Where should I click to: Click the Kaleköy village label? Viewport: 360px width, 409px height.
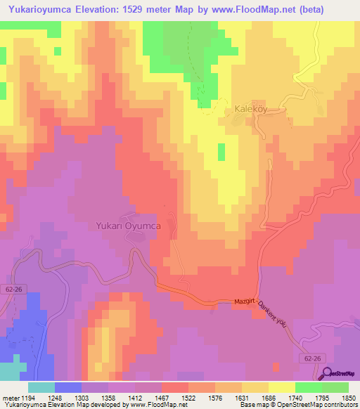pos(249,110)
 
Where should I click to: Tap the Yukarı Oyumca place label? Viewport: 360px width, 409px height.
pos(129,226)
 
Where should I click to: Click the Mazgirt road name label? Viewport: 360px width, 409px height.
pos(241,302)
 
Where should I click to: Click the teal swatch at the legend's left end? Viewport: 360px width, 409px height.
pos(41,387)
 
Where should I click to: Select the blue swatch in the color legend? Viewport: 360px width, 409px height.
pos(68,387)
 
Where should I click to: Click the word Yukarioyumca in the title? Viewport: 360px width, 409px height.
pos(42,8)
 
